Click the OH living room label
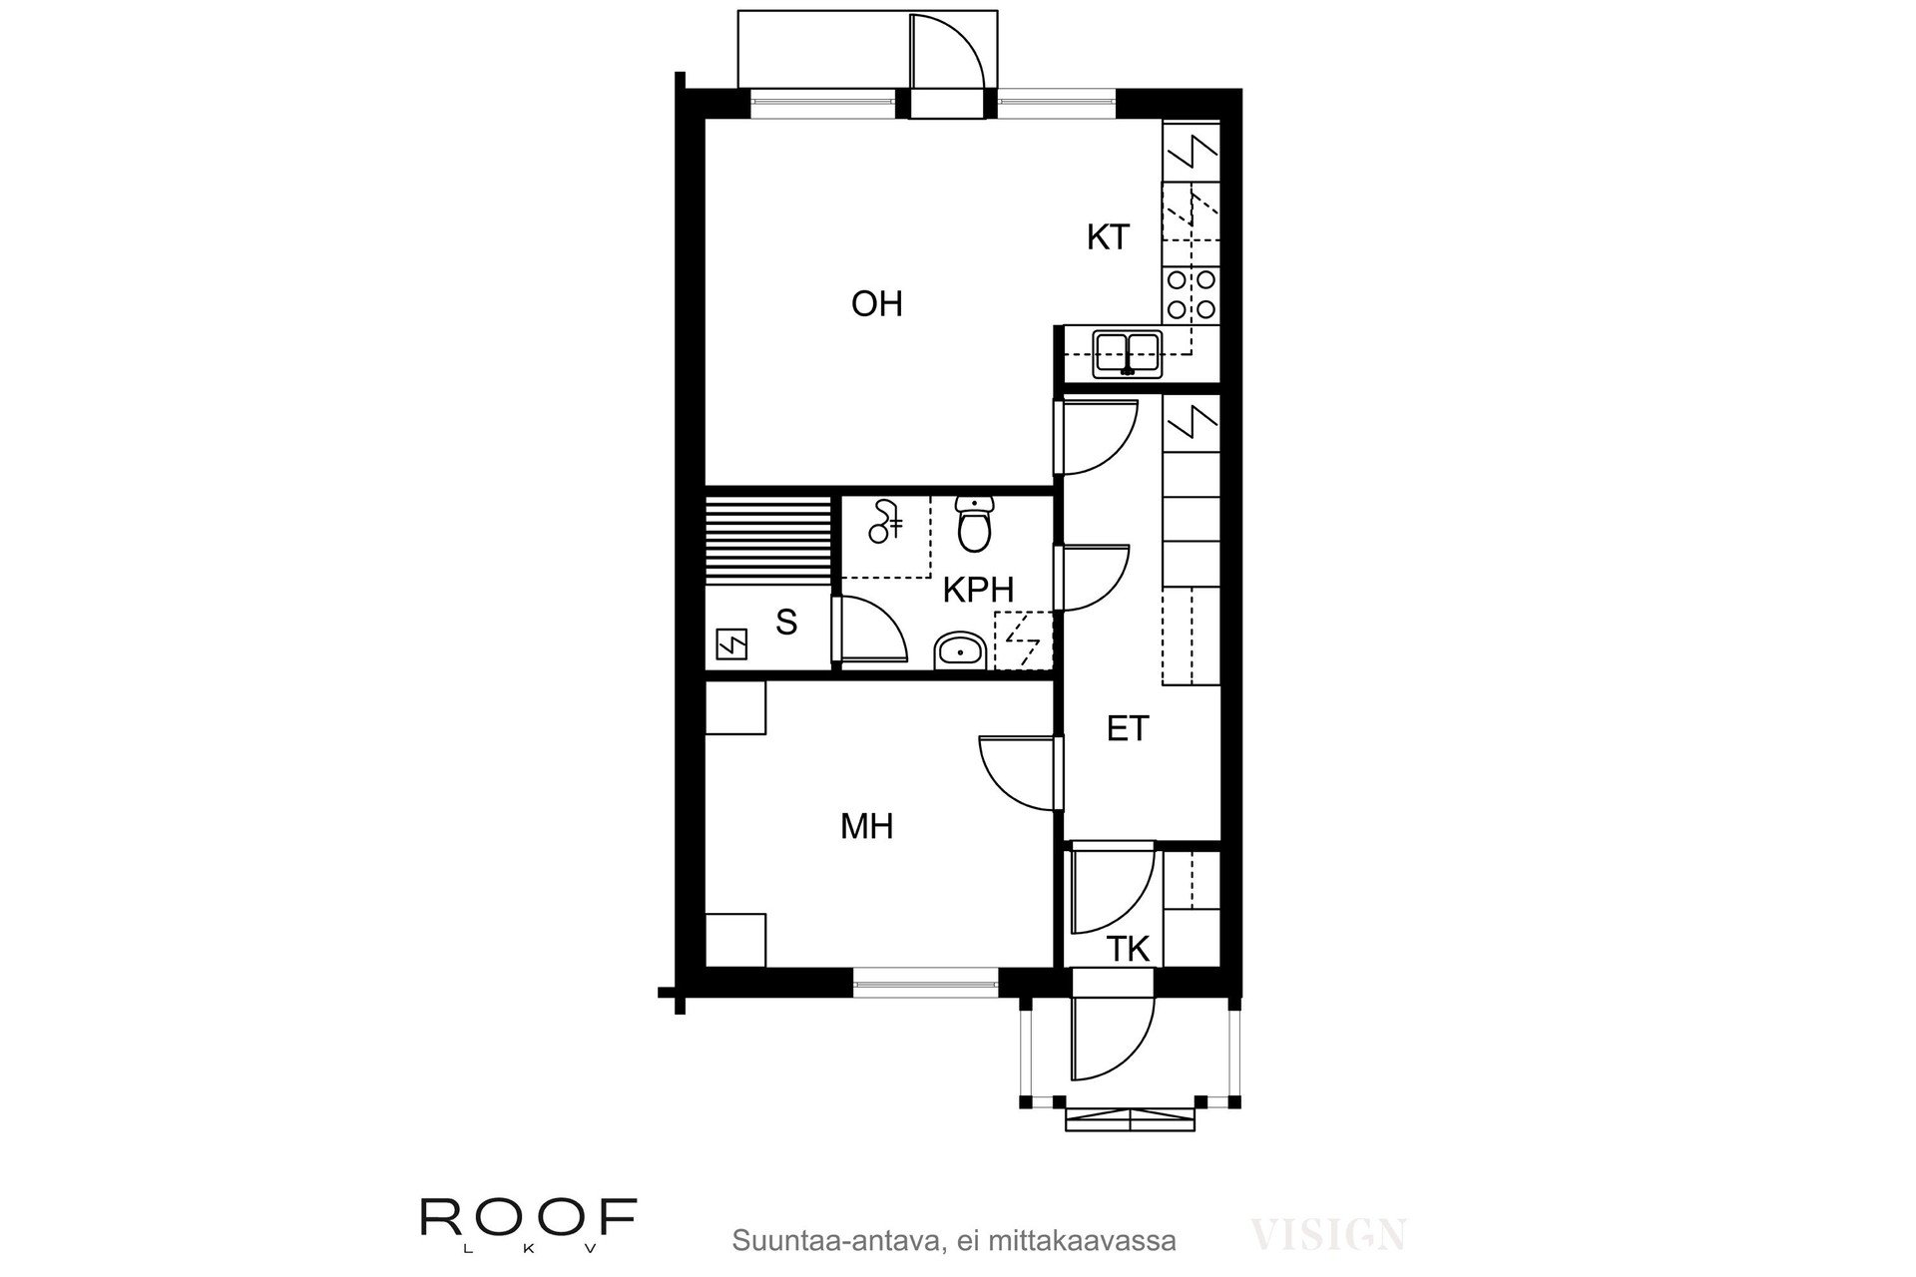pos(876,303)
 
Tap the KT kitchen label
pos(1108,237)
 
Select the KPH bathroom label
pos(978,590)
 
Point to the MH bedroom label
pos(866,826)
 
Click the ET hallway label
pos(1128,728)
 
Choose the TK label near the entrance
pos(1129,949)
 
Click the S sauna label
pos(786,623)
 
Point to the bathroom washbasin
pos(960,652)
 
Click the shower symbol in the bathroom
pos(885,522)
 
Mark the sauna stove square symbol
pos(732,645)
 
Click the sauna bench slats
pos(768,540)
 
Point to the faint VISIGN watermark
pos(1328,1234)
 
